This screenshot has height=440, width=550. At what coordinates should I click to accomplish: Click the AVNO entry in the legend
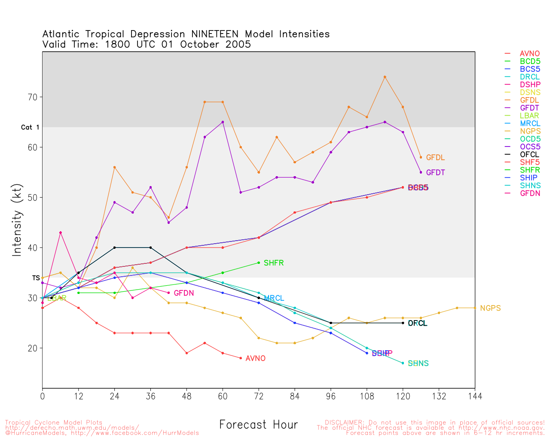click(x=529, y=54)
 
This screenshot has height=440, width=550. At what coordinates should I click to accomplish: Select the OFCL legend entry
click(x=529, y=155)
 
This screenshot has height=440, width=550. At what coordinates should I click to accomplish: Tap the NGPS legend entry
click(x=529, y=131)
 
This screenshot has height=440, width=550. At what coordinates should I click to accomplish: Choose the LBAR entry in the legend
click(x=529, y=116)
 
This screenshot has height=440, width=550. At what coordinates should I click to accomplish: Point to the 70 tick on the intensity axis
click(x=33, y=97)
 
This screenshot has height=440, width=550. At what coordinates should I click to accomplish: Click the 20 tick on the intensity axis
click(x=33, y=348)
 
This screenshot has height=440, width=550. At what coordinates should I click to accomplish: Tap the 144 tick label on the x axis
click(x=475, y=396)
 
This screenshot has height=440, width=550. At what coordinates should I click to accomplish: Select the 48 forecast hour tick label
click(x=186, y=396)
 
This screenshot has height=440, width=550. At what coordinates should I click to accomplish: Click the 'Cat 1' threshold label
click(x=30, y=128)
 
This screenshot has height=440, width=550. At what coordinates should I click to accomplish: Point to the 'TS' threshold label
click(x=36, y=278)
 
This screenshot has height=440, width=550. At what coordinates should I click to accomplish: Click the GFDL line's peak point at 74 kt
click(x=385, y=77)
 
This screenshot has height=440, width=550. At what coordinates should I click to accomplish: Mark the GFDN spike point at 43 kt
click(x=61, y=232)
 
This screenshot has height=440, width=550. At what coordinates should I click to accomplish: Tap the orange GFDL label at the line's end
click(x=435, y=158)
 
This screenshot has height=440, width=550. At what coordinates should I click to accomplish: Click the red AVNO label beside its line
click(x=255, y=359)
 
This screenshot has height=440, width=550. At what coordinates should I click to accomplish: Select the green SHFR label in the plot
click(x=274, y=263)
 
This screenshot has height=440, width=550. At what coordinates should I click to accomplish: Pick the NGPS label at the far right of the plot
click(x=490, y=309)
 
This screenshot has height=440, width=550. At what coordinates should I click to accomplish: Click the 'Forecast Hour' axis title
click(x=258, y=425)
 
